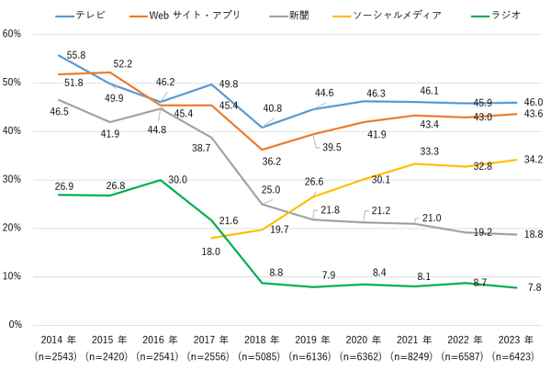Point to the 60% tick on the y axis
[x=13, y=34]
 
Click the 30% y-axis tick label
[x=13, y=179]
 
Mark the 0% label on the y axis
[x=16, y=325]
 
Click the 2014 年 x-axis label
[x=57, y=340]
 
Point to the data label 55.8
[x=76, y=55]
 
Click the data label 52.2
[x=122, y=63]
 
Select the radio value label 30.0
[x=177, y=180]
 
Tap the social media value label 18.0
[x=210, y=252]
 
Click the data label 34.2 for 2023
[x=533, y=159]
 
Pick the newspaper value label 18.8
[x=533, y=235]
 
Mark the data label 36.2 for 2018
[x=271, y=161]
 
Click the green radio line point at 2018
[x=263, y=283]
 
